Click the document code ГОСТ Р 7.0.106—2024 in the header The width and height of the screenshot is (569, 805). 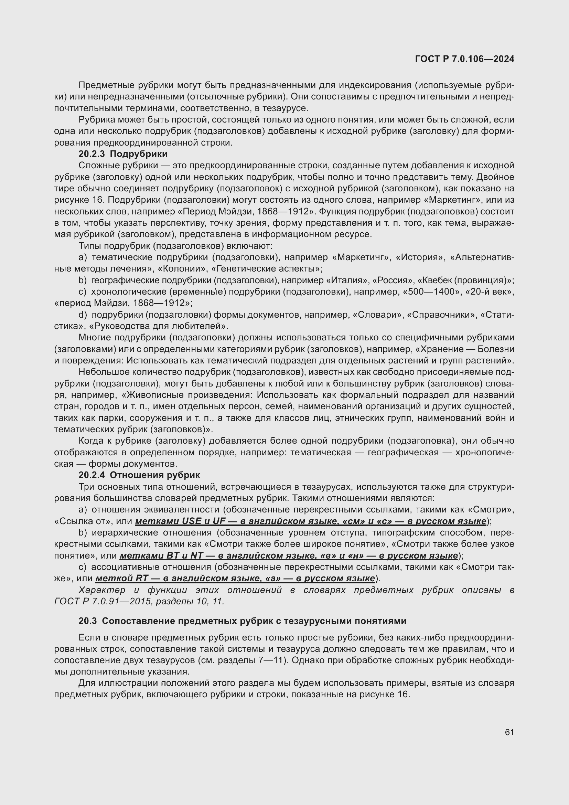pyautogui.click(x=464, y=59)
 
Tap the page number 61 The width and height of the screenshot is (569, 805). pyautogui.click(x=509, y=732)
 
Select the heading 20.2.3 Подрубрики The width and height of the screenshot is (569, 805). pyautogui.click(x=123, y=154)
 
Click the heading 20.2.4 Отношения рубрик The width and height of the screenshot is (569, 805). pyautogui.click(x=139, y=475)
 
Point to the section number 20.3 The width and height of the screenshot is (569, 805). pyautogui.click(x=87, y=621)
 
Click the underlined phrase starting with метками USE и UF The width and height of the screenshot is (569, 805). pyautogui.click(x=310, y=521)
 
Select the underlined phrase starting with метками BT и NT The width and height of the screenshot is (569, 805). pyautogui.click(x=289, y=556)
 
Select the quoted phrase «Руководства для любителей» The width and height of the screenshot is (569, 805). pyautogui.click(x=158, y=326)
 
